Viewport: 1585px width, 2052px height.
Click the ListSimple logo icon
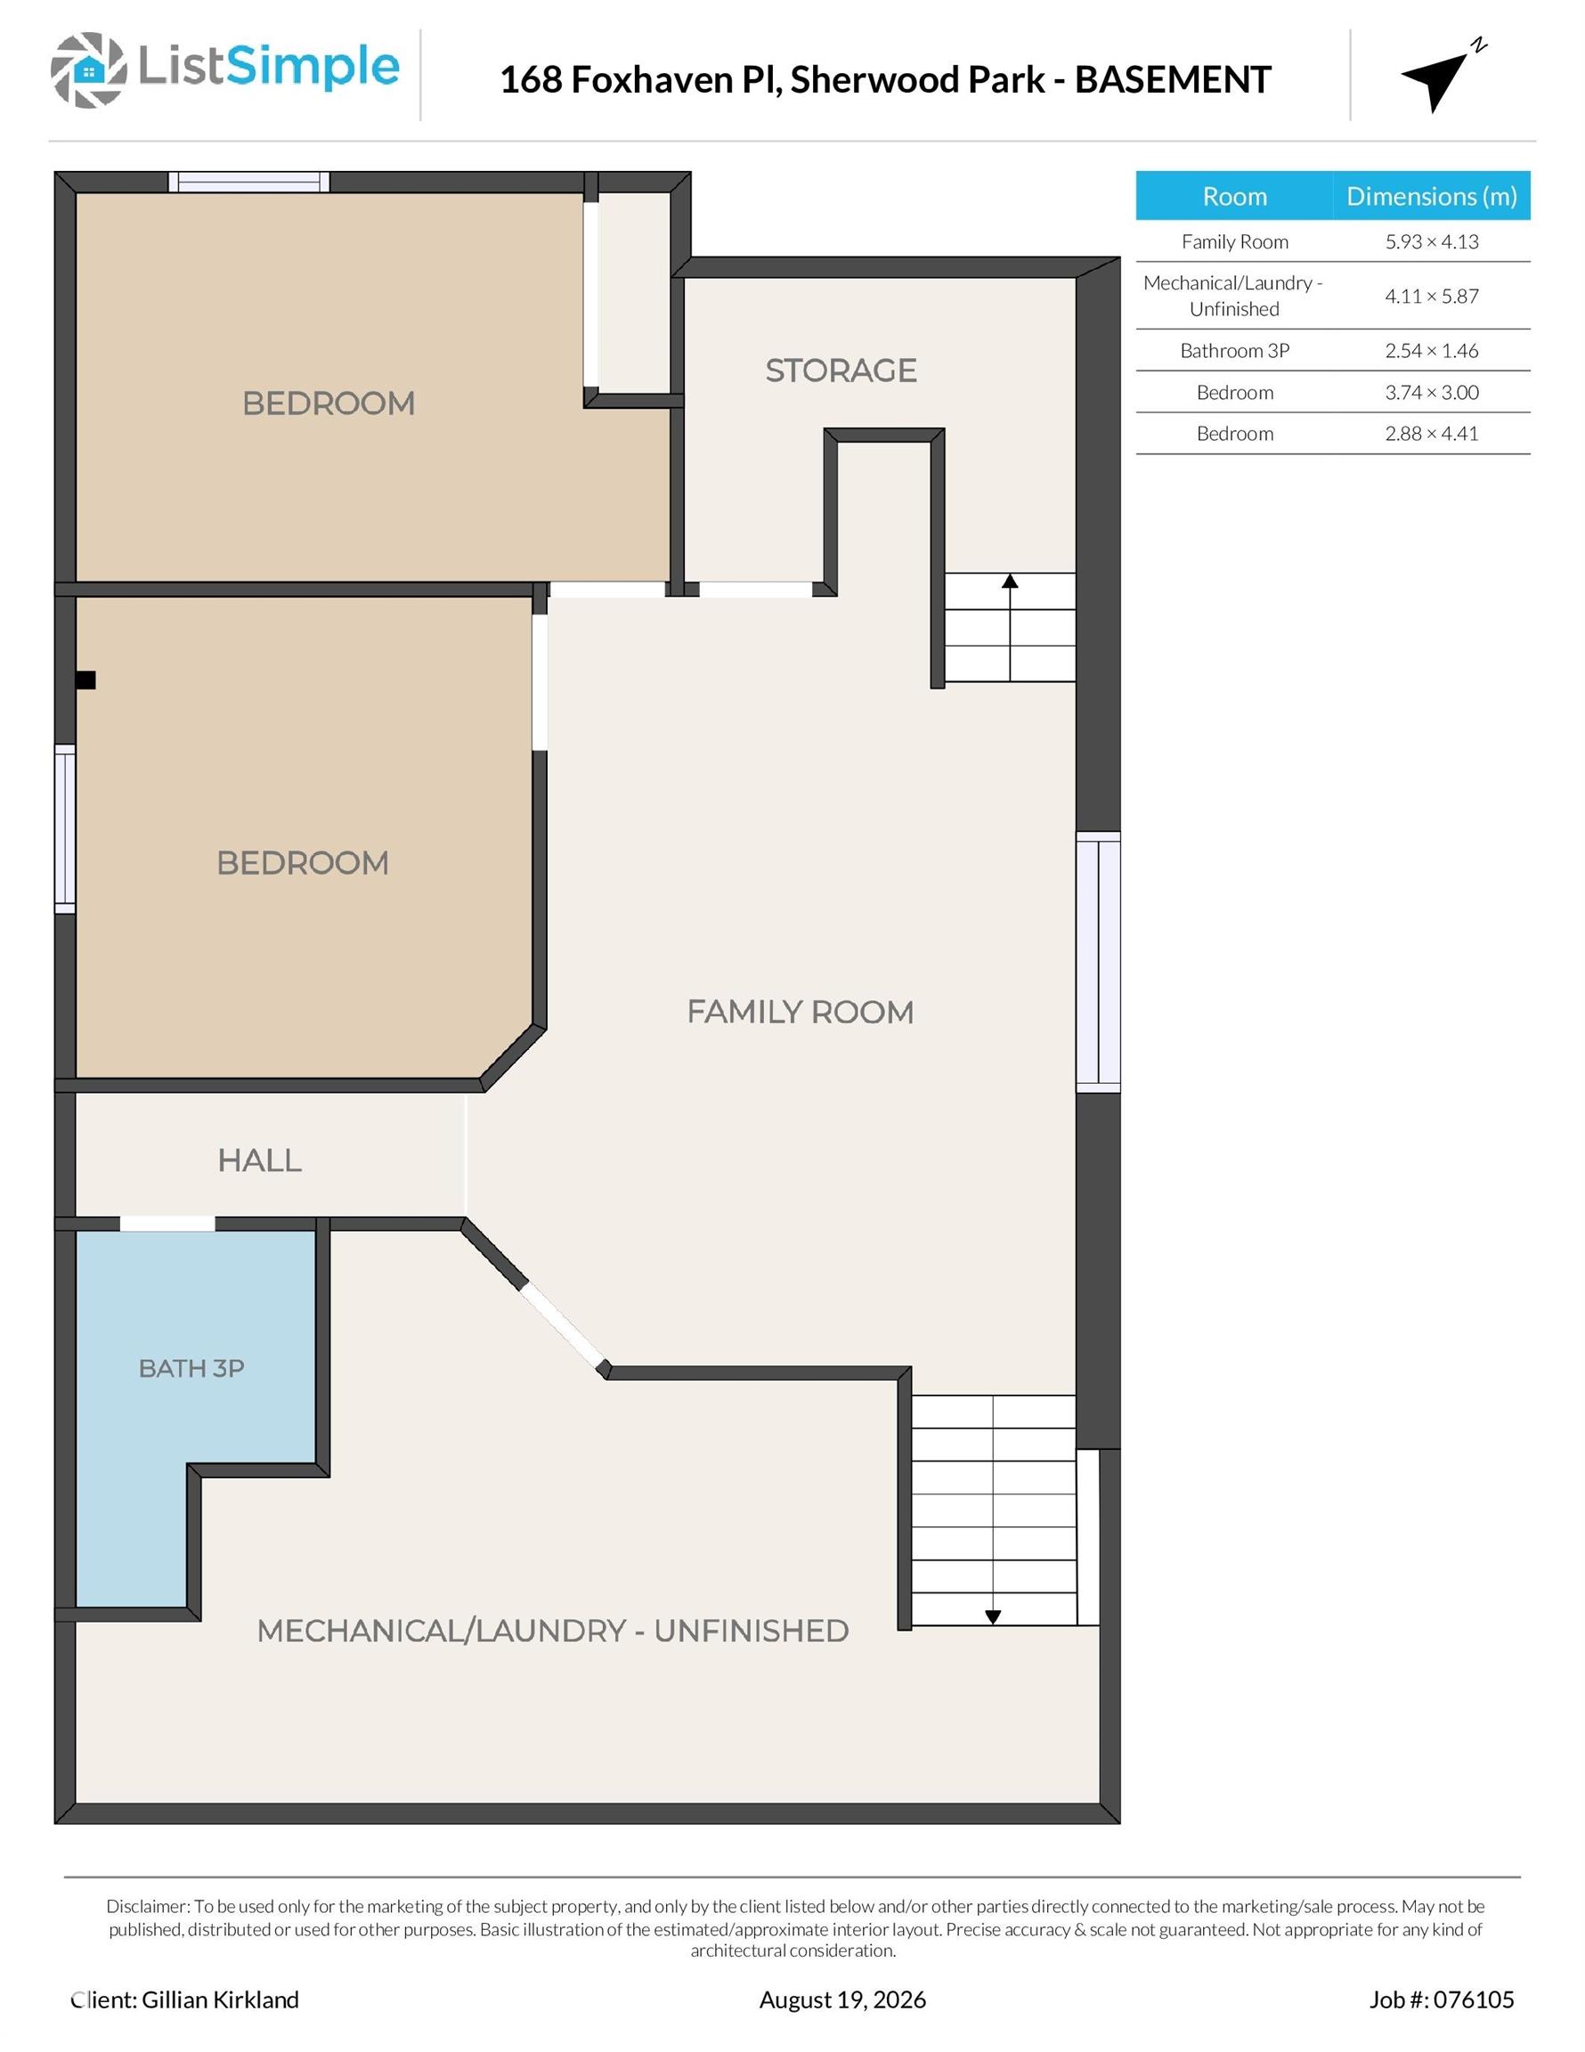(88, 69)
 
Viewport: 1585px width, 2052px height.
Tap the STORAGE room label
(841, 370)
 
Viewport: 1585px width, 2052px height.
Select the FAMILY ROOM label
(800, 1012)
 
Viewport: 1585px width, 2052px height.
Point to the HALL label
(259, 1160)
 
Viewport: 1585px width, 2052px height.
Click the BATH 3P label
(191, 1368)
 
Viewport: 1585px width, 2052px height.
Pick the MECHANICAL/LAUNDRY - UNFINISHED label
(552, 1631)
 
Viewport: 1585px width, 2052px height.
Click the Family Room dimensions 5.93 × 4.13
(1431, 241)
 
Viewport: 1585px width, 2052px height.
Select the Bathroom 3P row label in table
(1234, 350)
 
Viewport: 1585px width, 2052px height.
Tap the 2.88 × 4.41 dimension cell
(1431, 433)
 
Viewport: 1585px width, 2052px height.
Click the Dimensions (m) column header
(1431, 195)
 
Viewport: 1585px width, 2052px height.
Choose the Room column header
(1234, 195)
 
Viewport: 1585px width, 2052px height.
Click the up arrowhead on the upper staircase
(1010, 581)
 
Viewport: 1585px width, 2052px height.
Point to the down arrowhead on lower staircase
(993, 1617)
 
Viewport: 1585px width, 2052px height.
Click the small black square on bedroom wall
(85, 680)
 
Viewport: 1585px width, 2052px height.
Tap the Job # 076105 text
(1442, 1999)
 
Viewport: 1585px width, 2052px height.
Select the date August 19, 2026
(841, 1999)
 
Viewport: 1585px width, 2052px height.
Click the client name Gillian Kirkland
(220, 1999)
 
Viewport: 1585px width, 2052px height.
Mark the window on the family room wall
(1098, 962)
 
